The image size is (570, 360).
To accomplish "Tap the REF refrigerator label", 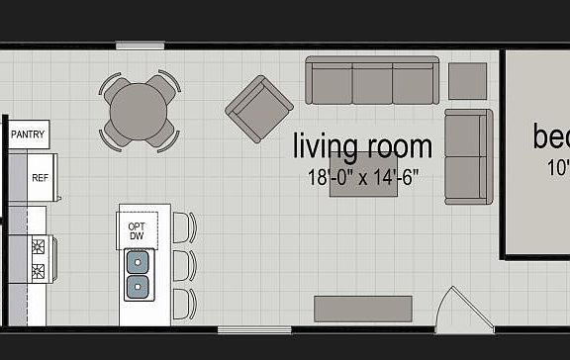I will (41, 178).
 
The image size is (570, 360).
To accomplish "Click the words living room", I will (362, 147).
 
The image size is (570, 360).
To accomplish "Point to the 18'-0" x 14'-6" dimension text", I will (363, 178).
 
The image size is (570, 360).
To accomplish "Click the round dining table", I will (139, 113).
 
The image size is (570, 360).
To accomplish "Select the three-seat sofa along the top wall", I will (372, 80).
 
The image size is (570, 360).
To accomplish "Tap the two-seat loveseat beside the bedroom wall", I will (468, 155).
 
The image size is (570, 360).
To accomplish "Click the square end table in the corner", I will (468, 80).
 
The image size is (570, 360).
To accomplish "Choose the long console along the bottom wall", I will (363, 308).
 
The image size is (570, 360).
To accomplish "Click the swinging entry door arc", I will (464, 308).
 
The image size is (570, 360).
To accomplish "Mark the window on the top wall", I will (141, 45).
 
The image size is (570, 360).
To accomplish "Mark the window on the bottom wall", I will (254, 329).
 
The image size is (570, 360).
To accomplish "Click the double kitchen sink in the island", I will (138, 275).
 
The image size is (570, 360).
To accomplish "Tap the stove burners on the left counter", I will (38, 258).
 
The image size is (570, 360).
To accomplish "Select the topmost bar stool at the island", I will (184, 227).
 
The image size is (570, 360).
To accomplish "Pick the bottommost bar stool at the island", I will (184, 304).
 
